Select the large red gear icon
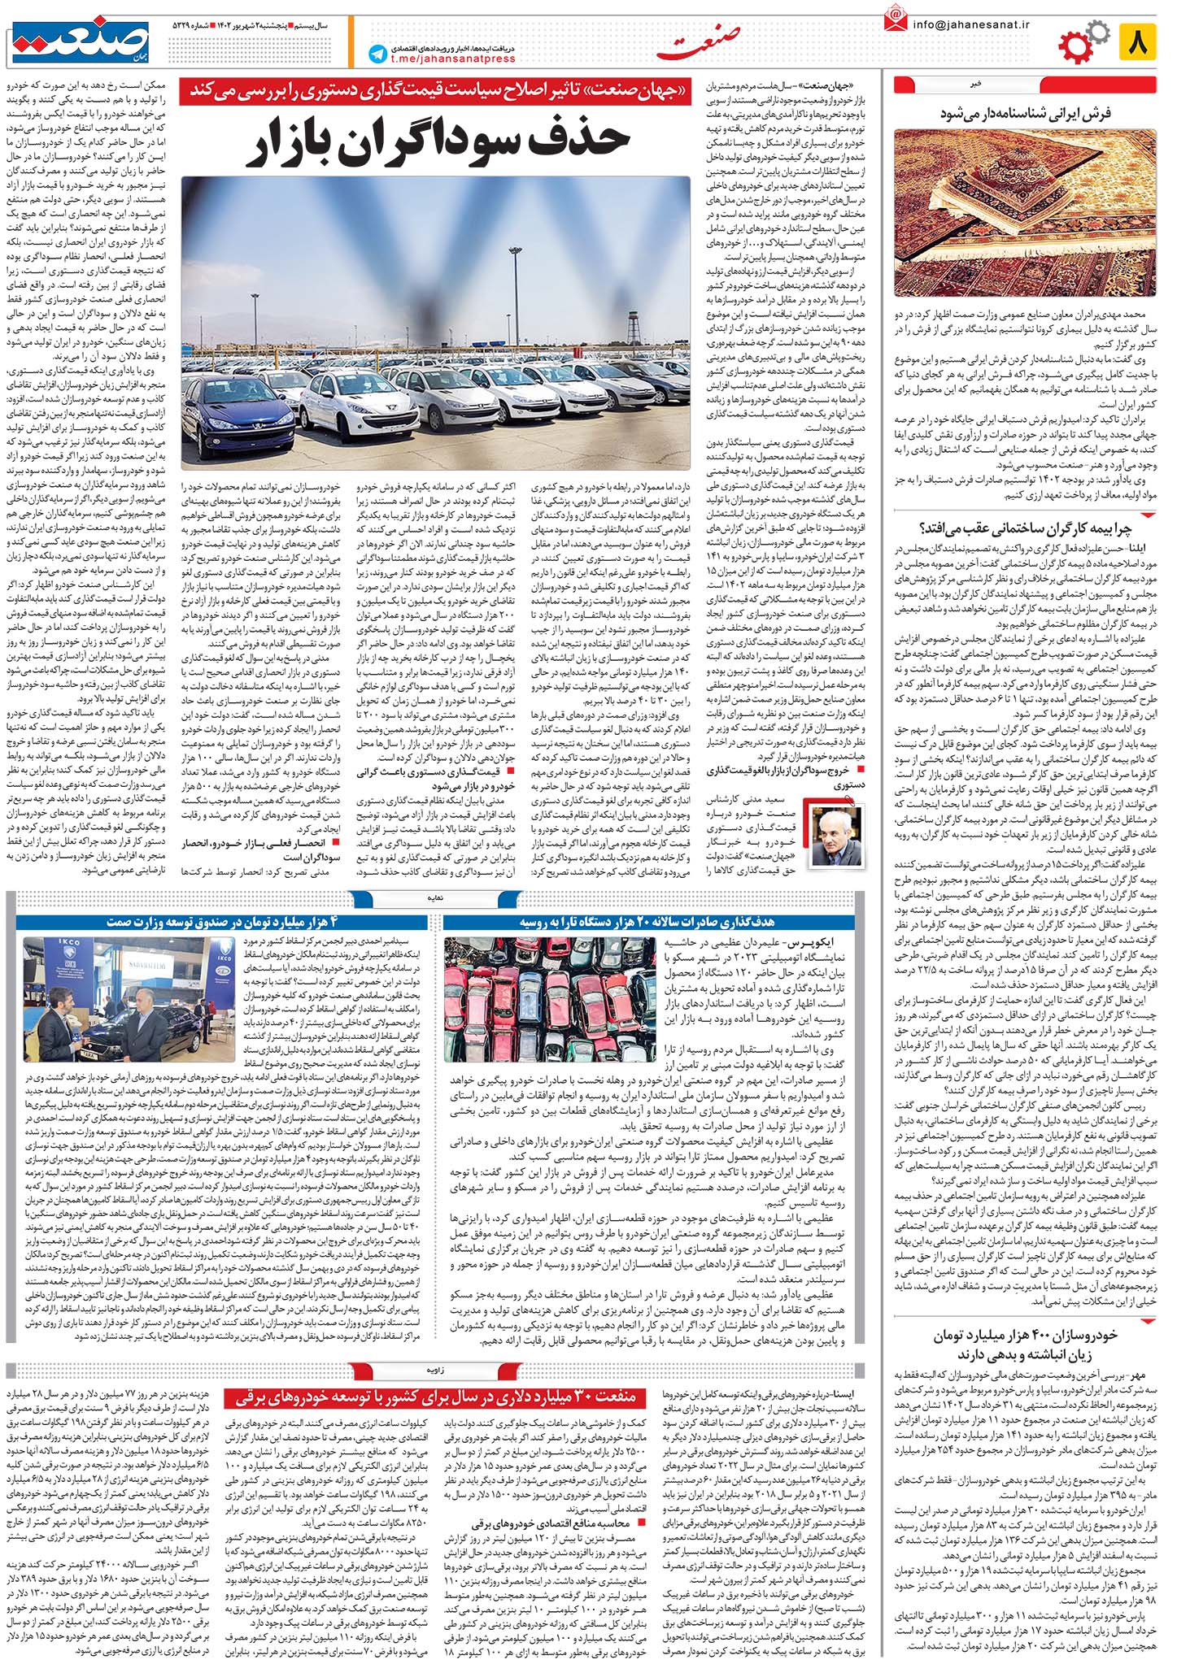[x=1079, y=46]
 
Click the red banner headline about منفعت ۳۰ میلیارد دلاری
[x=442, y=1397]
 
